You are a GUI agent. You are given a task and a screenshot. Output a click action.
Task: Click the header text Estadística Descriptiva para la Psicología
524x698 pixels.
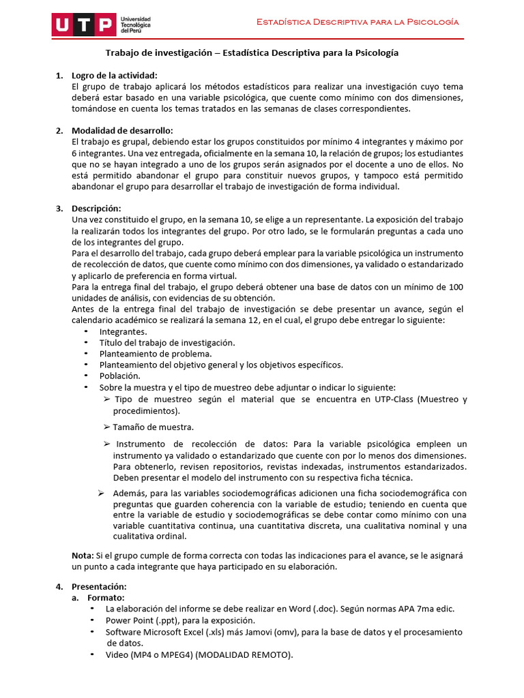(357, 22)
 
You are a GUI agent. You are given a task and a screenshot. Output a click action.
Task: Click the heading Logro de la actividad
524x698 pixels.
(115, 75)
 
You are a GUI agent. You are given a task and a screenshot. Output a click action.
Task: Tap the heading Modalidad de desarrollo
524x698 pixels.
(122, 130)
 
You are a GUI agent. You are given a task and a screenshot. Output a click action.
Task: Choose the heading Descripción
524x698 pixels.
(96, 208)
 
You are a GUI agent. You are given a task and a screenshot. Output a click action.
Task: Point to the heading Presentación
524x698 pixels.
(99, 586)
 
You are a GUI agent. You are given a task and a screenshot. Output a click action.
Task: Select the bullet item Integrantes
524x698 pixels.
(123, 331)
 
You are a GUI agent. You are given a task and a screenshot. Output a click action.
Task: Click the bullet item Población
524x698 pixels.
(120, 376)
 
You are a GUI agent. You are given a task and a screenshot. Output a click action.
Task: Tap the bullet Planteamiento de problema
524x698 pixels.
(156, 353)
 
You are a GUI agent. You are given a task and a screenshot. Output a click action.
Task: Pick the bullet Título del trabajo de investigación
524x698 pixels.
(167, 342)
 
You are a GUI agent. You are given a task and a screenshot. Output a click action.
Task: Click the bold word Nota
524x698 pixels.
(83, 556)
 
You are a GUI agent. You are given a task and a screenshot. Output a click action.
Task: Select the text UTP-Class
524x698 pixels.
(397, 399)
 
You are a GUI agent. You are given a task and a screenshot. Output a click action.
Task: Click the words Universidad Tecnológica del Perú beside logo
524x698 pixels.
(135, 26)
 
